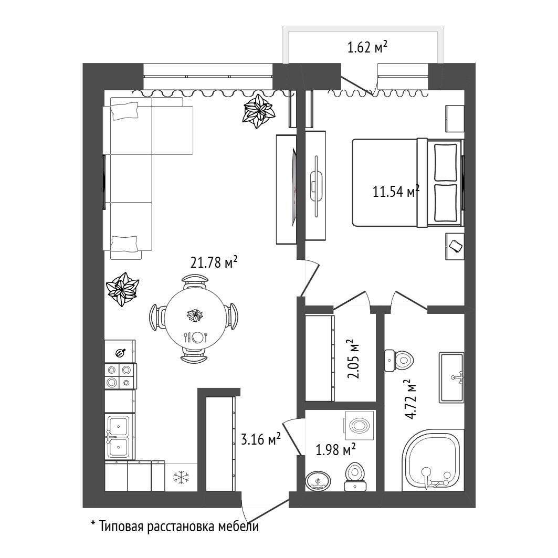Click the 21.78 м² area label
(214, 262)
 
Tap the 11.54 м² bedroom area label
(396, 191)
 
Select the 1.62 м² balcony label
(367, 47)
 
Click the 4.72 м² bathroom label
(410, 399)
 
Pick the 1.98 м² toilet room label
(335, 450)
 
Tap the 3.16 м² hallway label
(261, 439)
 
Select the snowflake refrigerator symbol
(181, 477)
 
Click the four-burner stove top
(120, 376)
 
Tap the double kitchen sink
(119, 437)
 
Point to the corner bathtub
(433, 459)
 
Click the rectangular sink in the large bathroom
(451, 377)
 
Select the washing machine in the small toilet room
(359, 425)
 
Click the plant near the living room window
(259, 111)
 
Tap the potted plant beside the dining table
(122, 289)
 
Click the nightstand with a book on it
(455, 246)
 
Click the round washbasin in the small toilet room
(318, 481)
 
